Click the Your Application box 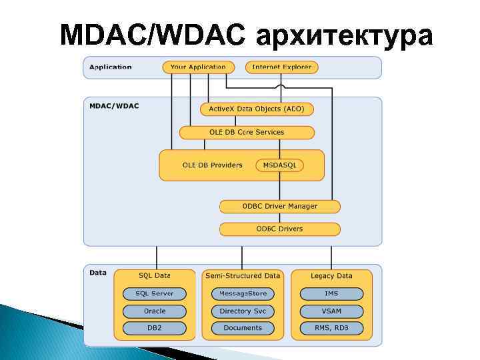point(198,67)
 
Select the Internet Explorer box point(282,67)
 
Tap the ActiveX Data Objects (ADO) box point(257,109)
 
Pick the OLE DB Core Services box point(247,133)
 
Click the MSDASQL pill point(280,165)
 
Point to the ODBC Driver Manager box point(279,207)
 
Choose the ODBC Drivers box point(279,229)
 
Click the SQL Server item point(155,294)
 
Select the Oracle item point(155,311)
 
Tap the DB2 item point(155,328)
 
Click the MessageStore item point(243,294)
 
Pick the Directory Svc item point(243,311)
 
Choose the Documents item point(243,328)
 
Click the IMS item point(331,294)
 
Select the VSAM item point(331,311)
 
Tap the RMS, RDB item point(331,328)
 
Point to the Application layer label point(111,67)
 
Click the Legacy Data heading point(331,276)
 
